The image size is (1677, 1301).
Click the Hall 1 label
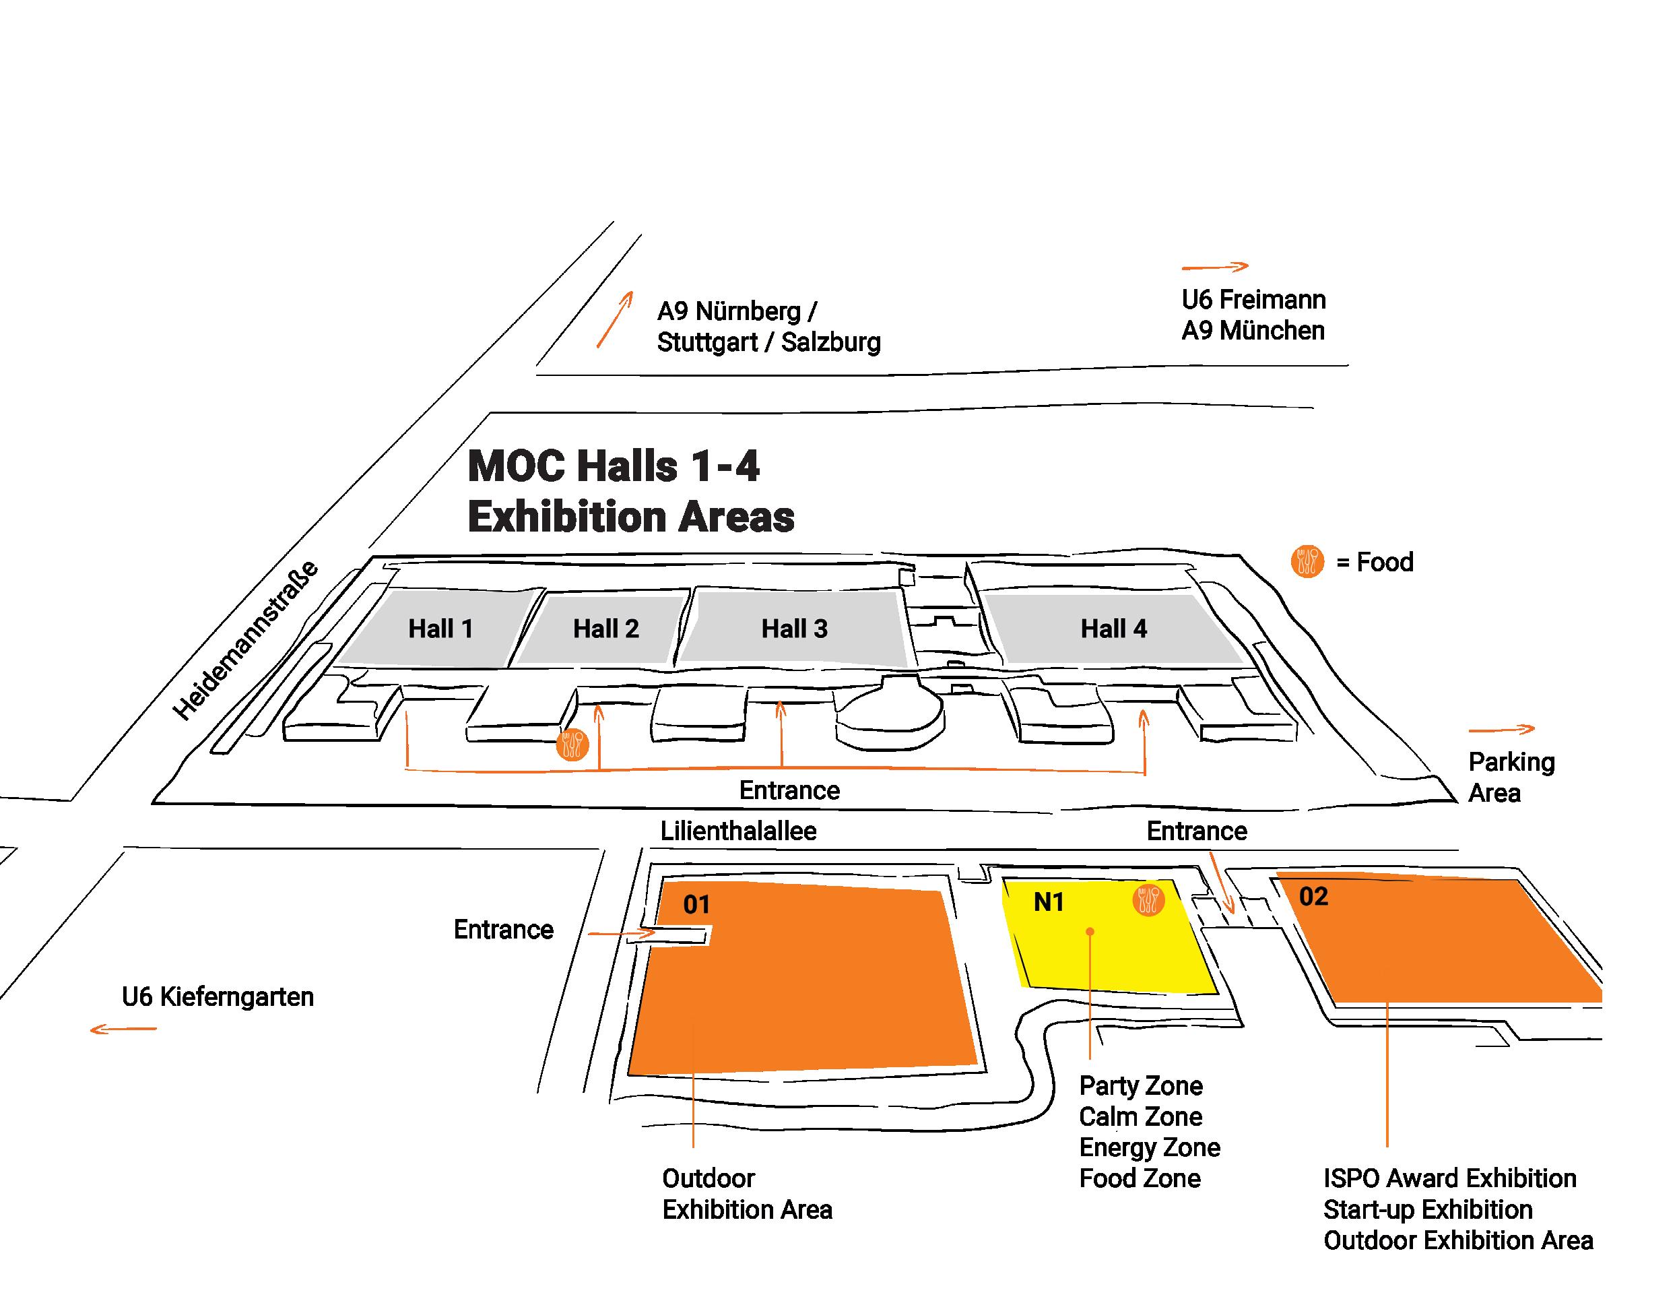click(440, 629)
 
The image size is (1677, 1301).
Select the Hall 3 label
click(794, 629)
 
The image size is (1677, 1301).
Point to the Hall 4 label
click(1113, 629)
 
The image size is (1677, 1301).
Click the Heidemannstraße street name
click(245, 641)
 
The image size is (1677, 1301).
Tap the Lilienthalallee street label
click(738, 831)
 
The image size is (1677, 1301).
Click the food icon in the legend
click(1307, 561)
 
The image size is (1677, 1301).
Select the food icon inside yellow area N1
click(1148, 900)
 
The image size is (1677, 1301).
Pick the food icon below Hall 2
click(572, 744)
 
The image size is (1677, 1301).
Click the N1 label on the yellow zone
click(1049, 901)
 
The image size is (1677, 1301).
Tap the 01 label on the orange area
click(696, 905)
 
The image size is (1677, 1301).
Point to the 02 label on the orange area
click(1313, 896)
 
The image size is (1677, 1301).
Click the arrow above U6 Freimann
click(1215, 267)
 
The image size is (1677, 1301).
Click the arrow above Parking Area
click(1501, 729)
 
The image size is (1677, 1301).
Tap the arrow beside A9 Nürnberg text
click(615, 319)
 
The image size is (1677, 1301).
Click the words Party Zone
click(1140, 1086)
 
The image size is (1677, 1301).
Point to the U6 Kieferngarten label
click(218, 997)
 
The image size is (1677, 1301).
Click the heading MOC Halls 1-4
click(614, 466)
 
